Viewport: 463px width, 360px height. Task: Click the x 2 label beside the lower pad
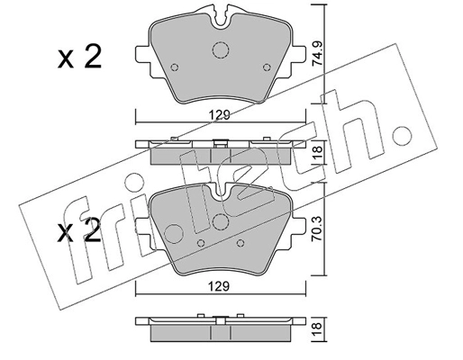point(79,231)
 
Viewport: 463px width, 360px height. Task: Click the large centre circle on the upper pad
point(220,52)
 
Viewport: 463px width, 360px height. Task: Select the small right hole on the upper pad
point(264,66)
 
